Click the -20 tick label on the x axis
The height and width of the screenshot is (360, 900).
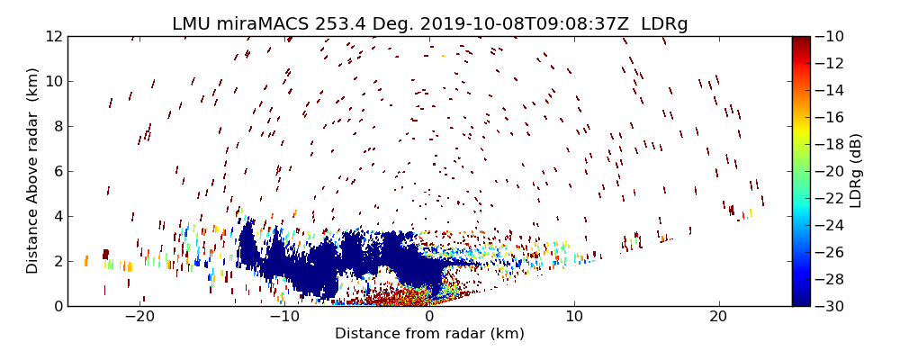[x=139, y=317]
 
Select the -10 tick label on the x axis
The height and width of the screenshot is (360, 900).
[x=283, y=317]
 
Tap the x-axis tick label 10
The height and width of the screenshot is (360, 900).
[x=573, y=317]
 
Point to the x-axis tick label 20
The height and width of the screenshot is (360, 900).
[x=718, y=317]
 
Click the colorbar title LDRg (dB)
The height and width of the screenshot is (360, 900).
[x=856, y=171]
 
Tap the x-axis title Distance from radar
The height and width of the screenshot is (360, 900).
[x=429, y=334]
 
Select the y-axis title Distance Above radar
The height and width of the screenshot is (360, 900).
[x=33, y=171]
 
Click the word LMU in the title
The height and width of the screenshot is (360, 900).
[x=190, y=24]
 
